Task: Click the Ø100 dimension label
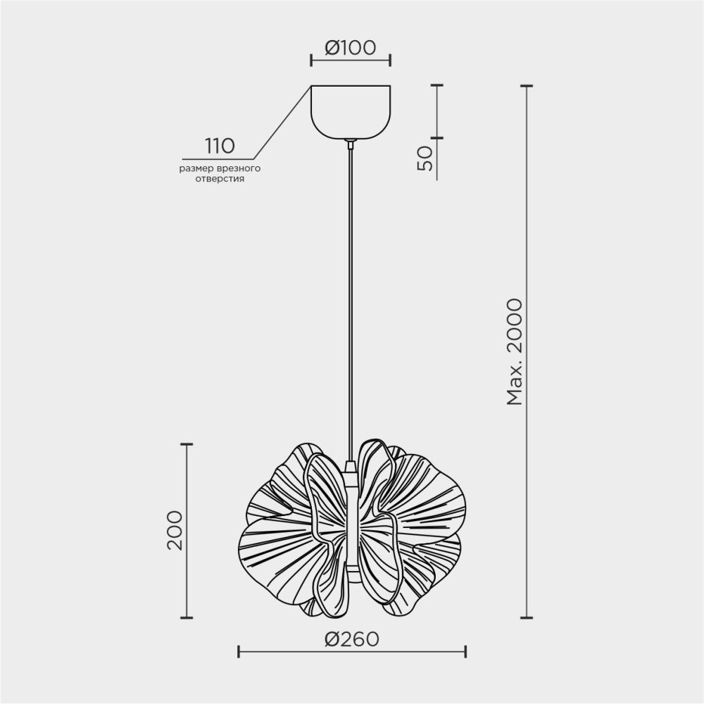[x=350, y=48]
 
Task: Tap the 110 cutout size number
[x=220, y=146]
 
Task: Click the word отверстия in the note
[x=220, y=179]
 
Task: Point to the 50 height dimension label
[x=425, y=159]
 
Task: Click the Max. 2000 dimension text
[x=515, y=352]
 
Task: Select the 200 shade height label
[x=175, y=530]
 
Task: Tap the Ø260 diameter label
[x=351, y=639]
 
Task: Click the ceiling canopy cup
[x=351, y=111]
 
